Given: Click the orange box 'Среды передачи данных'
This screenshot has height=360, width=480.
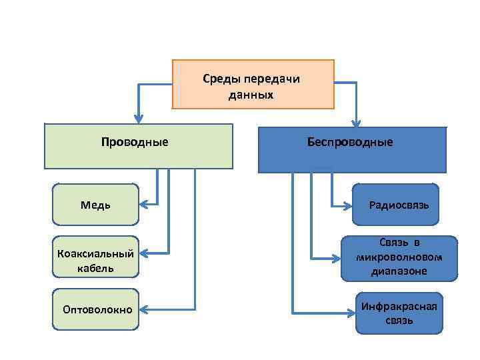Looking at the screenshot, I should pyautogui.click(x=252, y=85).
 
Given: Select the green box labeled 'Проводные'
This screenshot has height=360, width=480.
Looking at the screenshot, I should pyautogui.click(x=139, y=145).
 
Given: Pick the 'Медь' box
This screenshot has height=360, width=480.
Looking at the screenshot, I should pyautogui.click(x=96, y=205).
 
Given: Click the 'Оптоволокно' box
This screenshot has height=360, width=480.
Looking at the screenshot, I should pyautogui.click(x=96, y=309).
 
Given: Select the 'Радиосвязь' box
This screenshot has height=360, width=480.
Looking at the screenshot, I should pyautogui.click(x=396, y=205).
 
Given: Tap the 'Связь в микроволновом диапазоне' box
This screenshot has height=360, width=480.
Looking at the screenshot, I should pyautogui.click(x=399, y=257).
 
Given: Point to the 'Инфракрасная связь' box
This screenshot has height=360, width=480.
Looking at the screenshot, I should pyautogui.click(x=399, y=313).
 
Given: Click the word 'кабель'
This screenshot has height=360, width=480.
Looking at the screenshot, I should pyautogui.click(x=95, y=268).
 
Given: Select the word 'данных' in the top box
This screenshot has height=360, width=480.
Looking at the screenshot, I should pyautogui.click(x=251, y=95).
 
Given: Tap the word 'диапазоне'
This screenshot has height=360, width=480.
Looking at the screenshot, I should pyautogui.click(x=399, y=271).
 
